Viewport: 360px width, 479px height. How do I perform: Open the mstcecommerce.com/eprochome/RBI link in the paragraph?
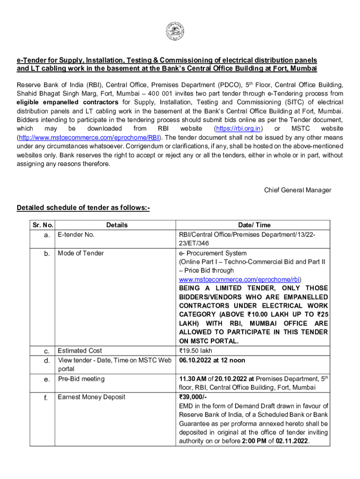click(88, 138)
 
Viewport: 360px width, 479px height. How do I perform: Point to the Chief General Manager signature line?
click(297, 190)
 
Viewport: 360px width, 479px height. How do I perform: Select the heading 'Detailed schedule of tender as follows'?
click(83, 208)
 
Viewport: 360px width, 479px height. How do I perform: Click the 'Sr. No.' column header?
click(41, 225)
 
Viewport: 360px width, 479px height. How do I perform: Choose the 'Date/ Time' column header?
click(253, 225)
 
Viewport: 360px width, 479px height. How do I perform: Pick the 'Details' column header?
click(116, 225)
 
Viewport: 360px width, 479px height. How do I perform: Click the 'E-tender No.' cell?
click(76, 234)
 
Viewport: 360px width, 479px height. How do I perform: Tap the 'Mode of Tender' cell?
click(81, 253)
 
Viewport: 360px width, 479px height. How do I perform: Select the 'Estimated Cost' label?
click(80, 350)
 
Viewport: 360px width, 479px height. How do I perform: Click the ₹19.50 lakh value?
click(197, 350)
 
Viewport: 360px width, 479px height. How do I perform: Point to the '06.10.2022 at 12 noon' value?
click(212, 360)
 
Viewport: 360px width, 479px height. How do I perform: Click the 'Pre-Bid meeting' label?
click(81, 379)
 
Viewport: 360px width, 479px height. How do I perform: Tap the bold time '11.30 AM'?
click(193, 379)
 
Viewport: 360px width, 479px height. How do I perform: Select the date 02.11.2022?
click(292, 441)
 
